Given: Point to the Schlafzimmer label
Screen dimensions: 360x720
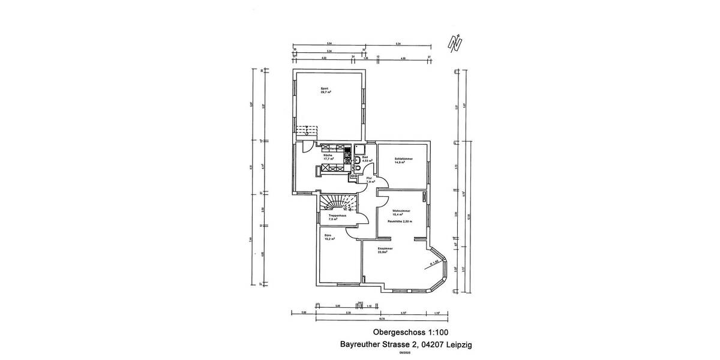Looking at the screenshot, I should click(403, 160).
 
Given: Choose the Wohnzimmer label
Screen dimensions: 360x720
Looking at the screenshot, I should click(401, 212).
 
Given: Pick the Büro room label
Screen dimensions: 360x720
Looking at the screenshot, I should click(328, 236).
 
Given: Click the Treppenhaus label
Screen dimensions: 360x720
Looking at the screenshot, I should click(337, 215).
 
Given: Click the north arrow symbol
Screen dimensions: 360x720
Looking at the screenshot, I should click(456, 43).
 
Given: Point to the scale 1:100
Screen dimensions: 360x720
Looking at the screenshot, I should click(436, 332).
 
